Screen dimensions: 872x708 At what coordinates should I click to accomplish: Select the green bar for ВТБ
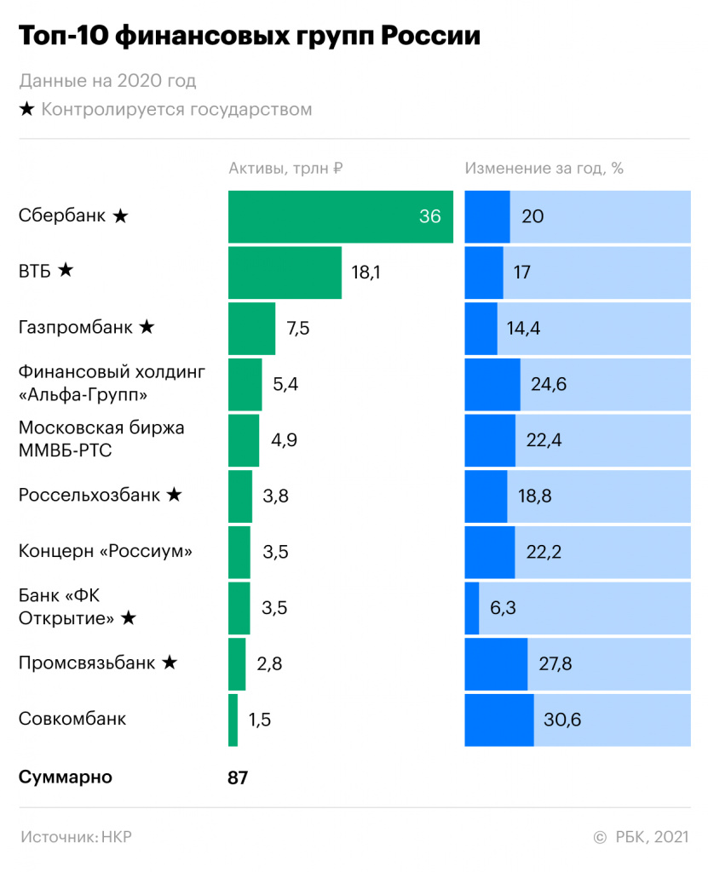coord(285,272)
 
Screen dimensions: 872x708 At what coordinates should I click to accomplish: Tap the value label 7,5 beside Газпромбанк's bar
coord(298,329)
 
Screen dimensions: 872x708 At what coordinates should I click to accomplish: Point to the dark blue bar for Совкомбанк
coord(498,720)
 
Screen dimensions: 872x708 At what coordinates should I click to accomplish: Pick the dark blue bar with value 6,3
coord(472,608)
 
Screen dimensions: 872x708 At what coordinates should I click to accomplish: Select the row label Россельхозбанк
coord(89,495)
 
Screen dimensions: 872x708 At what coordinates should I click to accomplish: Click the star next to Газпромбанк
coord(147,327)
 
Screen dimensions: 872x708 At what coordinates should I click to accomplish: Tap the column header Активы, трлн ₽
coord(285,168)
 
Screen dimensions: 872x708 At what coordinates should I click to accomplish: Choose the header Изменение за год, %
coord(544,168)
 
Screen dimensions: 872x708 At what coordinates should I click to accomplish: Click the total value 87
coord(238,777)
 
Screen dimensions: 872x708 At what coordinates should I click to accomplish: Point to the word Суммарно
coord(65,777)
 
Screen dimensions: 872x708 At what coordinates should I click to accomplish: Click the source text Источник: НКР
coord(76,837)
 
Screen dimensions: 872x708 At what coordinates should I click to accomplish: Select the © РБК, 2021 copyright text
coord(640,837)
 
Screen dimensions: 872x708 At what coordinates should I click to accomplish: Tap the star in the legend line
coord(26,110)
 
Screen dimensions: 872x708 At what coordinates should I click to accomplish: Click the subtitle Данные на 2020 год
coord(107,82)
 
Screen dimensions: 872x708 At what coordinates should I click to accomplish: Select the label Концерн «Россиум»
coord(106,551)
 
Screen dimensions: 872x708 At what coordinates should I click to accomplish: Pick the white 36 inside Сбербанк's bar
coord(429,216)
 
